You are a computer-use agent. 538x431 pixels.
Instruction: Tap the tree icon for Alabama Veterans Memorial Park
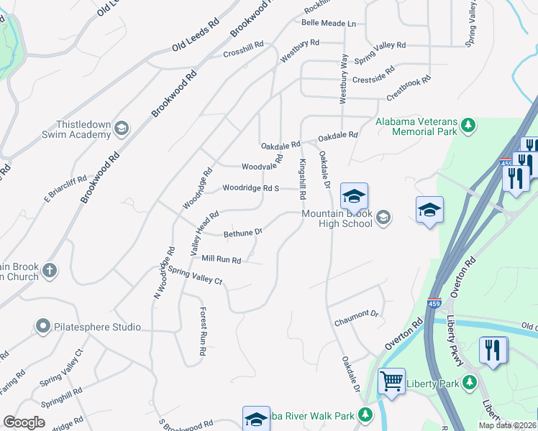click(468, 126)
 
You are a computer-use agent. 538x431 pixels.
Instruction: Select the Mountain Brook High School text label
click(337, 218)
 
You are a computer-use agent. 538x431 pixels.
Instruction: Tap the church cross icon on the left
click(49, 271)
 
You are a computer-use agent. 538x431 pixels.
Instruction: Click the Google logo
click(24, 422)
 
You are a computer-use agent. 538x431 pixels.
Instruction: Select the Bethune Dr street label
click(243, 233)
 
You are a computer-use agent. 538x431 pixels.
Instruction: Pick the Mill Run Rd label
click(221, 259)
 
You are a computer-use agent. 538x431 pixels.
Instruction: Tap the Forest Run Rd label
click(203, 331)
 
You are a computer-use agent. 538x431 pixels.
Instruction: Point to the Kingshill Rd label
click(303, 180)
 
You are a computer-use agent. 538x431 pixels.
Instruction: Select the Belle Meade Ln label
click(329, 24)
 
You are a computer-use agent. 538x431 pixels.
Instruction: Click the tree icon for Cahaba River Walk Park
click(365, 415)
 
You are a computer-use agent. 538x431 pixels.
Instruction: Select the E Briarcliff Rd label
click(66, 187)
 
